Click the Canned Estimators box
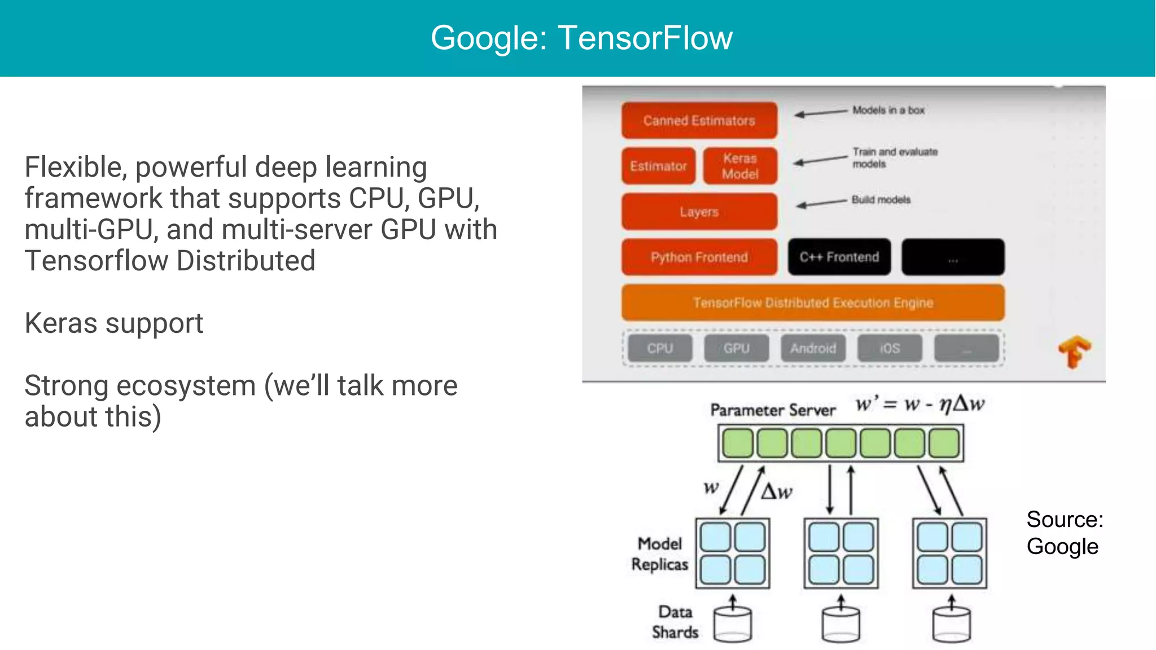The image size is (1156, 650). pyautogui.click(x=699, y=120)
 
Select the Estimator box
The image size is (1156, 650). pyautogui.click(x=658, y=166)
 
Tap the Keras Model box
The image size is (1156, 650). pyautogui.click(x=740, y=166)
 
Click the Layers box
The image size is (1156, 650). pyautogui.click(x=699, y=212)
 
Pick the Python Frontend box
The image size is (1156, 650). pyautogui.click(x=699, y=257)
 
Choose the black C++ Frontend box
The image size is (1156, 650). pyautogui.click(x=839, y=257)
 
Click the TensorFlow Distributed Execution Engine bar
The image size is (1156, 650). pyautogui.click(x=813, y=303)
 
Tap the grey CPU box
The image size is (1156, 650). pyautogui.click(x=659, y=348)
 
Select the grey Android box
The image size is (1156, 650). pyautogui.click(x=813, y=348)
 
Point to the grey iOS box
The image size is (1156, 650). pyautogui.click(x=890, y=348)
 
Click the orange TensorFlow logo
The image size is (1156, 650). pyautogui.click(x=1074, y=352)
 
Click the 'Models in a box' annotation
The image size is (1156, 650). pyautogui.click(x=888, y=110)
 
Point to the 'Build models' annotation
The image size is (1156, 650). pyautogui.click(x=881, y=200)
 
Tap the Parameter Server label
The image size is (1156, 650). pyautogui.click(x=772, y=410)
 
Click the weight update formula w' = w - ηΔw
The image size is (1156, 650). pyautogui.click(x=919, y=404)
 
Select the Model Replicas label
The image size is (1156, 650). pyautogui.click(x=659, y=554)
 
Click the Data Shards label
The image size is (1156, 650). pyautogui.click(x=675, y=622)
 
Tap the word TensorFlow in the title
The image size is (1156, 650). pyautogui.click(x=645, y=38)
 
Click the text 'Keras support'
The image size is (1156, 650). pyautogui.click(x=113, y=323)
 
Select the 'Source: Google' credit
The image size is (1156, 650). pyautogui.click(x=1064, y=533)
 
